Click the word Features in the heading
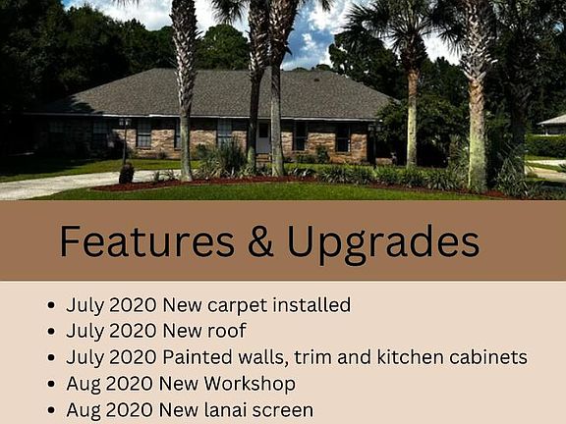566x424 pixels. point(147,240)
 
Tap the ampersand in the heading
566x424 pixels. point(260,240)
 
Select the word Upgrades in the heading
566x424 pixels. point(383,244)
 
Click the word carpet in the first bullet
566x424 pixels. point(237,306)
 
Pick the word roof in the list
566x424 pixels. point(227,330)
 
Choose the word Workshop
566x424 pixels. point(250,385)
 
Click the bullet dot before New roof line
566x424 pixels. point(51,331)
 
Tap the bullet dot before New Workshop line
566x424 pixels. point(51,384)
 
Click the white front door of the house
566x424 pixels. point(263,137)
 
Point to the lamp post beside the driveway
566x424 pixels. point(125,140)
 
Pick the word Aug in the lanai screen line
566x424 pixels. point(84,411)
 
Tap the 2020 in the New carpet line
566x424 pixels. point(133,304)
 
